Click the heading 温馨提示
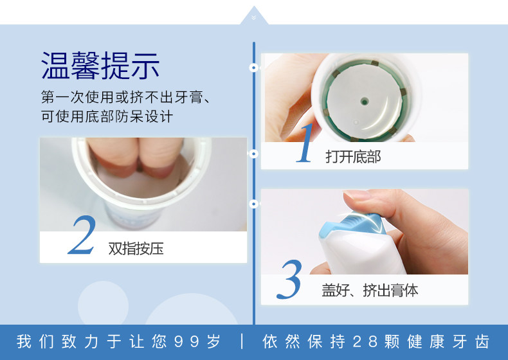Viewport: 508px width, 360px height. tap(100, 66)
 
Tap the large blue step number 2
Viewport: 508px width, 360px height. tap(82, 235)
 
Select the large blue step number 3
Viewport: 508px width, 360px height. tap(289, 279)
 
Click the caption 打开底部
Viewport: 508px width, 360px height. tap(353, 157)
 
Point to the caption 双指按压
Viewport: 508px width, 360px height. tap(136, 249)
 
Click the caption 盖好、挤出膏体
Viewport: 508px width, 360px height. tap(370, 290)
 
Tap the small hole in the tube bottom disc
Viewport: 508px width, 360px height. tap(365, 102)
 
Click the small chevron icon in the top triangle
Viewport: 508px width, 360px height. tap(253, 17)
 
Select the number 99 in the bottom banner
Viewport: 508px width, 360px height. tap(186, 341)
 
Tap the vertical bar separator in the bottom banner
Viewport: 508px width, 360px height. tap(242, 341)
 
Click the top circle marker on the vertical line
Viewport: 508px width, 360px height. tap(253, 67)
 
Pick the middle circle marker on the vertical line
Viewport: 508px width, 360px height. tap(253, 154)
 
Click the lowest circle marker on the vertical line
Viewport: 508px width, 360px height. tap(253, 204)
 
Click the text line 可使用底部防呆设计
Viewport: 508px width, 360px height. tap(107, 116)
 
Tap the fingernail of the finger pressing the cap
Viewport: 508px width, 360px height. tap(357, 195)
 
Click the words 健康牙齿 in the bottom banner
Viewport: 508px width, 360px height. tap(448, 341)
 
